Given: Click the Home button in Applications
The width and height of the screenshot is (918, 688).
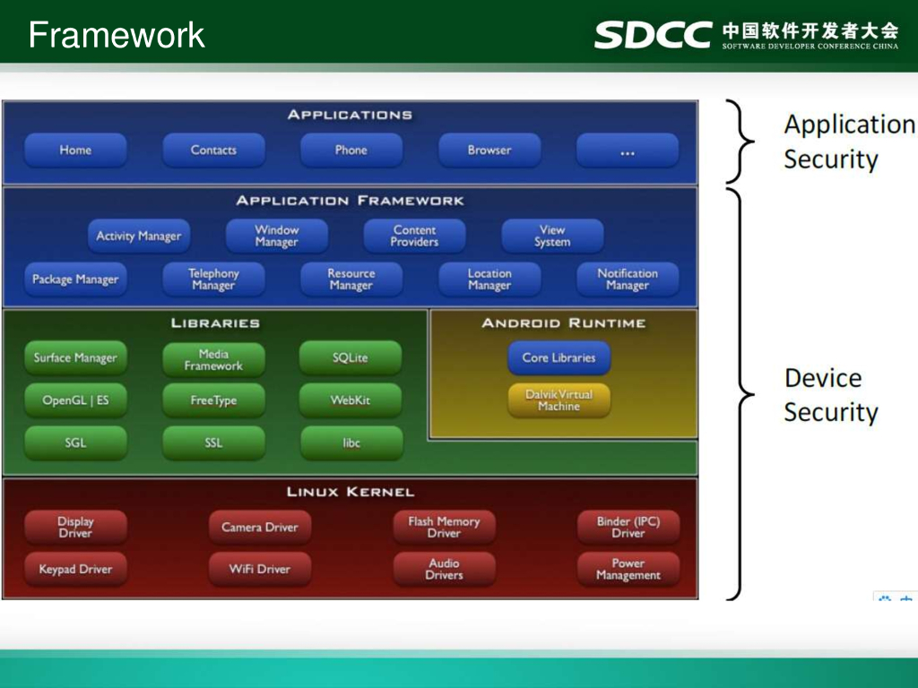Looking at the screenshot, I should click(x=75, y=150).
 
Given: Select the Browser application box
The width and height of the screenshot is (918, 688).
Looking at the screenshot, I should click(x=489, y=150).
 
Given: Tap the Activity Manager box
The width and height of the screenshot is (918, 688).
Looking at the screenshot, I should click(x=139, y=236).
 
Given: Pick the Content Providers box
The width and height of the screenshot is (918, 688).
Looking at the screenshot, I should click(x=414, y=236).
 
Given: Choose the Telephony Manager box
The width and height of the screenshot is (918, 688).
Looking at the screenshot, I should click(x=213, y=279).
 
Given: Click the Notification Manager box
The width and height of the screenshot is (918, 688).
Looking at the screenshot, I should click(x=628, y=279).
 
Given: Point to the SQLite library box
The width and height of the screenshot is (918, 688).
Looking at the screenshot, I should click(x=351, y=358).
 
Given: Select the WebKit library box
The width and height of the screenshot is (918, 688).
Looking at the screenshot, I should click(x=351, y=400).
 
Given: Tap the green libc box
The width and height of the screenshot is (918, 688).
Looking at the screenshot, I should click(x=351, y=443).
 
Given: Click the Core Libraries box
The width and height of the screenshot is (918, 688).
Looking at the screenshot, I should click(x=559, y=358).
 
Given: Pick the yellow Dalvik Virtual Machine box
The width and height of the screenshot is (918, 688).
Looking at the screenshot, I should click(x=559, y=400).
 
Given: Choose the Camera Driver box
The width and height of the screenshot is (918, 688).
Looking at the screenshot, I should click(x=260, y=528).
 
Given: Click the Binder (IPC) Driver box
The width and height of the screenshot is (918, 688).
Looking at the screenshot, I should click(x=628, y=528).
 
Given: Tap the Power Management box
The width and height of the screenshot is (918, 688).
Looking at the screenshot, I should click(x=628, y=570).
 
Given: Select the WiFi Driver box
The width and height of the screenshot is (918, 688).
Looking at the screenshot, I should click(x=260, y=570).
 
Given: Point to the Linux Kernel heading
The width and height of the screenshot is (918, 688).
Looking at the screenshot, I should click(x=351, y=492).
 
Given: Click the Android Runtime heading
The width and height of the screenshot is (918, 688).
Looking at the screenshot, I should click(x=563, y=323).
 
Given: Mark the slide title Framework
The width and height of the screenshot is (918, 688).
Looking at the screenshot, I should click(x=117, y=36).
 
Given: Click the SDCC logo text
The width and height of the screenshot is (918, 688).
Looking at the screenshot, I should click(x=653, y=35).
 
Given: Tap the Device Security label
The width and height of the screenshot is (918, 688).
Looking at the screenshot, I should click(x=830, y=395).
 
